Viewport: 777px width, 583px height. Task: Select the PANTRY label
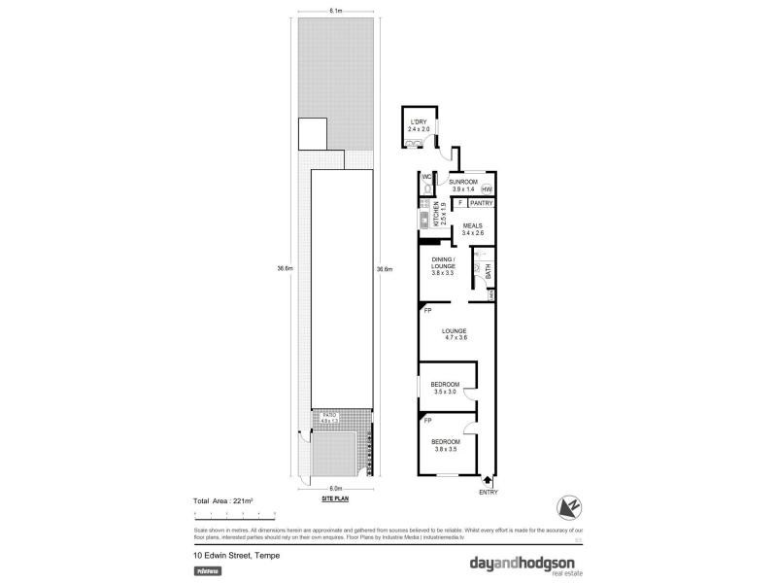point(482,203)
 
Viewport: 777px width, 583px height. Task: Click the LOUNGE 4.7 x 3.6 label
point(456,333)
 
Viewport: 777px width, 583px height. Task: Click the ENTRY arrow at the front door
point(487,479)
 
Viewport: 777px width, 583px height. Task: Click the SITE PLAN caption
point(335,497)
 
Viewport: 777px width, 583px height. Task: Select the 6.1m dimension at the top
point(334,12)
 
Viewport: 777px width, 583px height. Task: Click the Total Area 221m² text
point(223,500)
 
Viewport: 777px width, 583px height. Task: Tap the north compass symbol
point(568,505)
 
